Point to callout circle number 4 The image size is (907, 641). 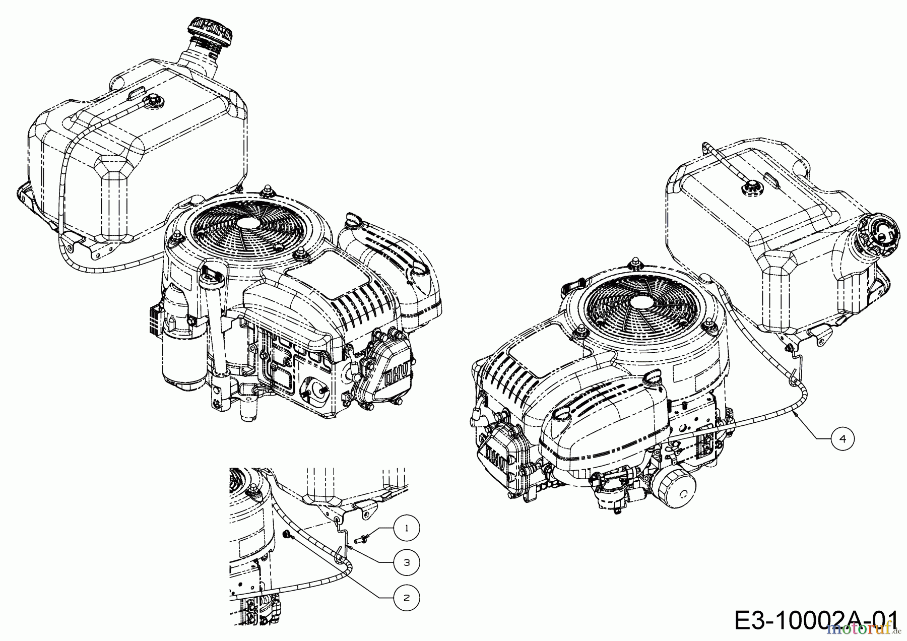[x=843, y=439]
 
